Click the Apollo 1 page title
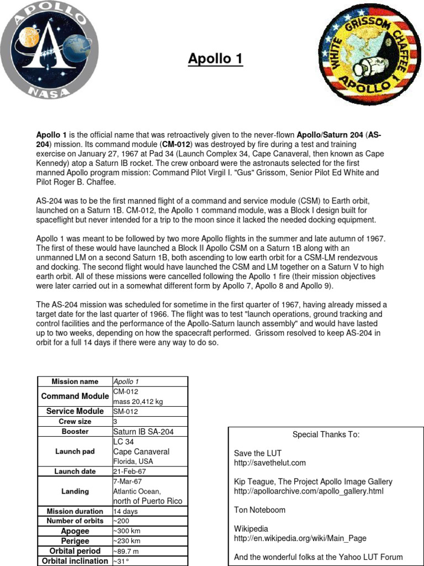pyautogui.click(x=215, y=59)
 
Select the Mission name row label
pyautogui.click(x=75, y=381)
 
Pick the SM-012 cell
pyautogui.click(x=126, y=412)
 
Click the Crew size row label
pyautogui.click(x=75, y=422)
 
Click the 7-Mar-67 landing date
pyautogui.click(x=129, y=481)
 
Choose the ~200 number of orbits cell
pyautogui.click(x=123, y=521)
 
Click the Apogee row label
pyautogui.click(x=75, y=531)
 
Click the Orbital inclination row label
pyautogui.click(x=75, y=561)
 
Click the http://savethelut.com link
pyautogui.click(x=269, y=463)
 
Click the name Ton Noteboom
pyautogui.click(x=259, y=510)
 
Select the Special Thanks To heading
pyautogui.click(x=326, y=434)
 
